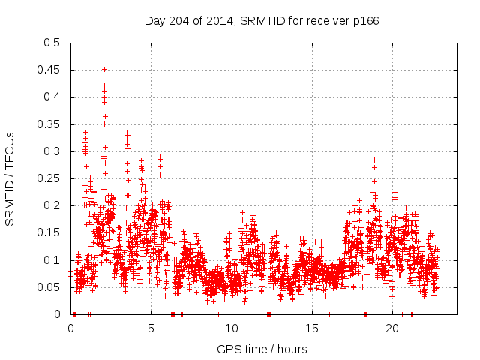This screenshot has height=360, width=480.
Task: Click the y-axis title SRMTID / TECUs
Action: point(10,178)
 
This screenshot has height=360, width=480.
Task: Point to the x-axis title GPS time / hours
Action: point(262,349)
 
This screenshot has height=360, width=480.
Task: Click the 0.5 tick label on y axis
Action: point(52,43)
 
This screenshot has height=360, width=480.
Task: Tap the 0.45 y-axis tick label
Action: point(49,70)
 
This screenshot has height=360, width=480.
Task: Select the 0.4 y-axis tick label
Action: point(52,97)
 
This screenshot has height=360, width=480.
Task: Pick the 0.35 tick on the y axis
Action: point(49,124)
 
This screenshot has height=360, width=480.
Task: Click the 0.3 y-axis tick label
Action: point(52,151)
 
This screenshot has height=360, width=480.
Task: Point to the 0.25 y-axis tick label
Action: point(49,178)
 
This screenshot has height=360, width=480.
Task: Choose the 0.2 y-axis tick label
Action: point(52,205)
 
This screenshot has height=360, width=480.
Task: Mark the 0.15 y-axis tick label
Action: point(49,232)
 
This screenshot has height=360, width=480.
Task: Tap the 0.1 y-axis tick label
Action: point(52,260)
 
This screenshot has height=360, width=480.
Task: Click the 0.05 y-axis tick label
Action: point(49,287)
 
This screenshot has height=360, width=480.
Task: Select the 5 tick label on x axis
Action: point(151,328)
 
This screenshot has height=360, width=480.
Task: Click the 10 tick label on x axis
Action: point(231,328)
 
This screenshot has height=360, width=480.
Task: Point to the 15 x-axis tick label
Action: point(311,328)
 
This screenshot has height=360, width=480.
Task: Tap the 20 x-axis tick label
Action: point(391,328)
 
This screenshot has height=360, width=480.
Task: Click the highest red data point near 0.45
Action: point(104,69)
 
